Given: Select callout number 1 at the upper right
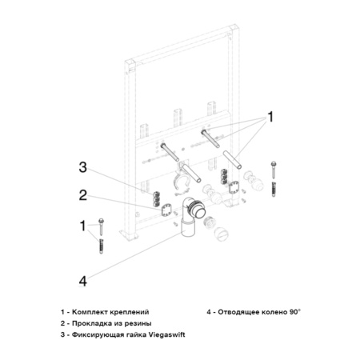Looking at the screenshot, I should pos(271,118).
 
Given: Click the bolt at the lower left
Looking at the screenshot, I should pos(102,224).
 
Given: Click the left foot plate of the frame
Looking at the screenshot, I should pos(125,235).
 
